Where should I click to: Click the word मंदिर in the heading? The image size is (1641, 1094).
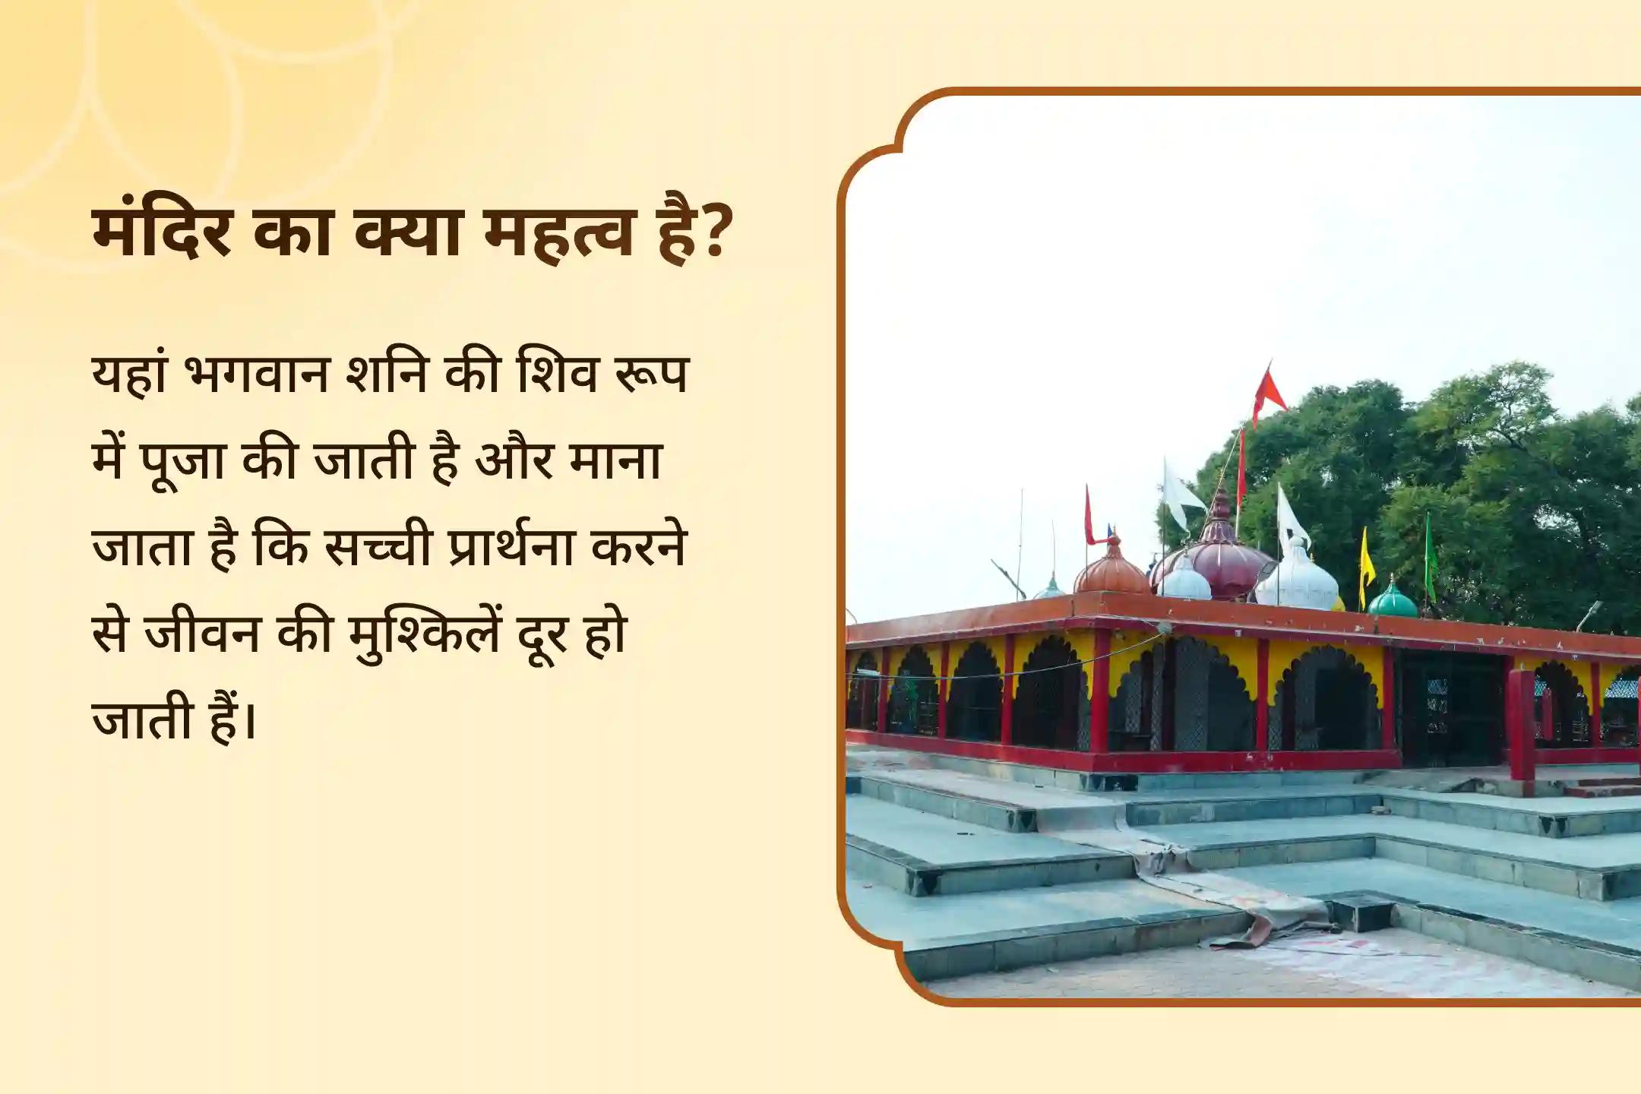point(162,231)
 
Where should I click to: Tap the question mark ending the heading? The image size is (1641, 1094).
point(711,231)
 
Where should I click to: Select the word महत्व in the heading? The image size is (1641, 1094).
point(559,231)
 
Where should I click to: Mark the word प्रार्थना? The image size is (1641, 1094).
point(511,547)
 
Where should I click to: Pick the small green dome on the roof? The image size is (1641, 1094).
point(1393,600)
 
